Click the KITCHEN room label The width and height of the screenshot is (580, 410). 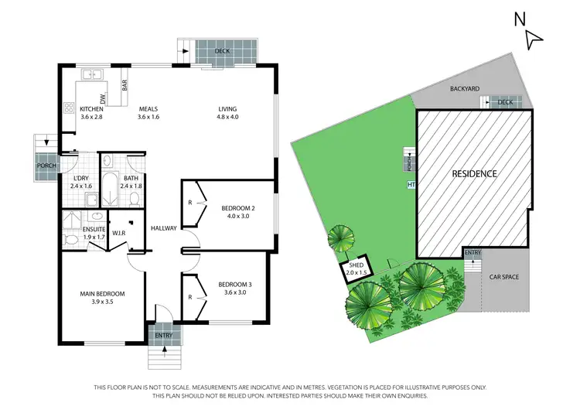[x=91, y=109]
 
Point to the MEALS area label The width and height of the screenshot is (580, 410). [x=148, y=109]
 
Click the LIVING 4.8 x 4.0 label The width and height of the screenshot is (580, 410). [x=227, y=109]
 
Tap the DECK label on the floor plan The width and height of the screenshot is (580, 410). [x=223, y=51]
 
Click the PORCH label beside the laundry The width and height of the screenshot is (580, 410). [x=43, y=166]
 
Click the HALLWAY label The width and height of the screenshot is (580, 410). [x=165, y=227]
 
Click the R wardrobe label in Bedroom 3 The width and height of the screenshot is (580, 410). [x=190, y=296]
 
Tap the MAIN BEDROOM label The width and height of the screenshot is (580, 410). [x=103, y=294]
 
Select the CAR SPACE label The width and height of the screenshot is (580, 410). [x=503, y=276]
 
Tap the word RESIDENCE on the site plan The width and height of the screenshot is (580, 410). [x=474, y=173]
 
